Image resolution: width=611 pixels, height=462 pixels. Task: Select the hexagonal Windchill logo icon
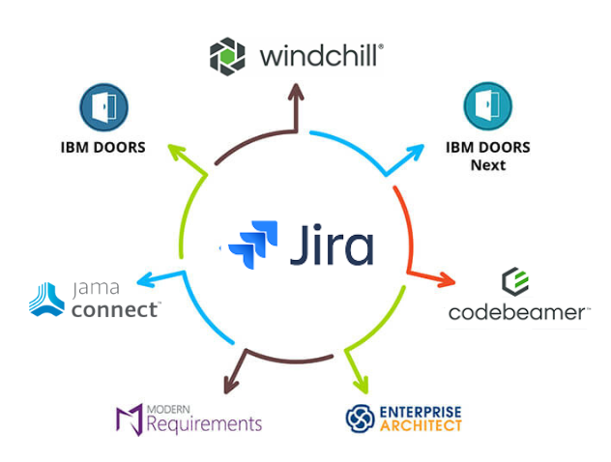(x=227, y=55)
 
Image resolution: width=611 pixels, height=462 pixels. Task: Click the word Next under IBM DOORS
(x=488, y=164)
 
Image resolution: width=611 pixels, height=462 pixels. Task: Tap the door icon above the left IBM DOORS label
(x=103, y=106)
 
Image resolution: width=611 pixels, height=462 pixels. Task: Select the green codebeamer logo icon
(x=514, y=282)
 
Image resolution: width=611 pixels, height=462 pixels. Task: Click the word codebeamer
(x=517, y=312)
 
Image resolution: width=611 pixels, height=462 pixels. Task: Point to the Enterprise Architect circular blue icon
(x=360, y=418)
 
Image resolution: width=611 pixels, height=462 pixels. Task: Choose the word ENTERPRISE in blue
(x=421, y=410)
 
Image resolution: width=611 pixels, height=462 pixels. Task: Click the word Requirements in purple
(x=203, y=423)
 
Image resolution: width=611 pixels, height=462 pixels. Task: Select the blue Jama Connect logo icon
(x=47, y=299)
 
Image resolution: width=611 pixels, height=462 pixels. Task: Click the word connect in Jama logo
(x=114, y=309)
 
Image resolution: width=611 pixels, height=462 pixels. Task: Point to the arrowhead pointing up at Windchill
(x=296, y=93)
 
